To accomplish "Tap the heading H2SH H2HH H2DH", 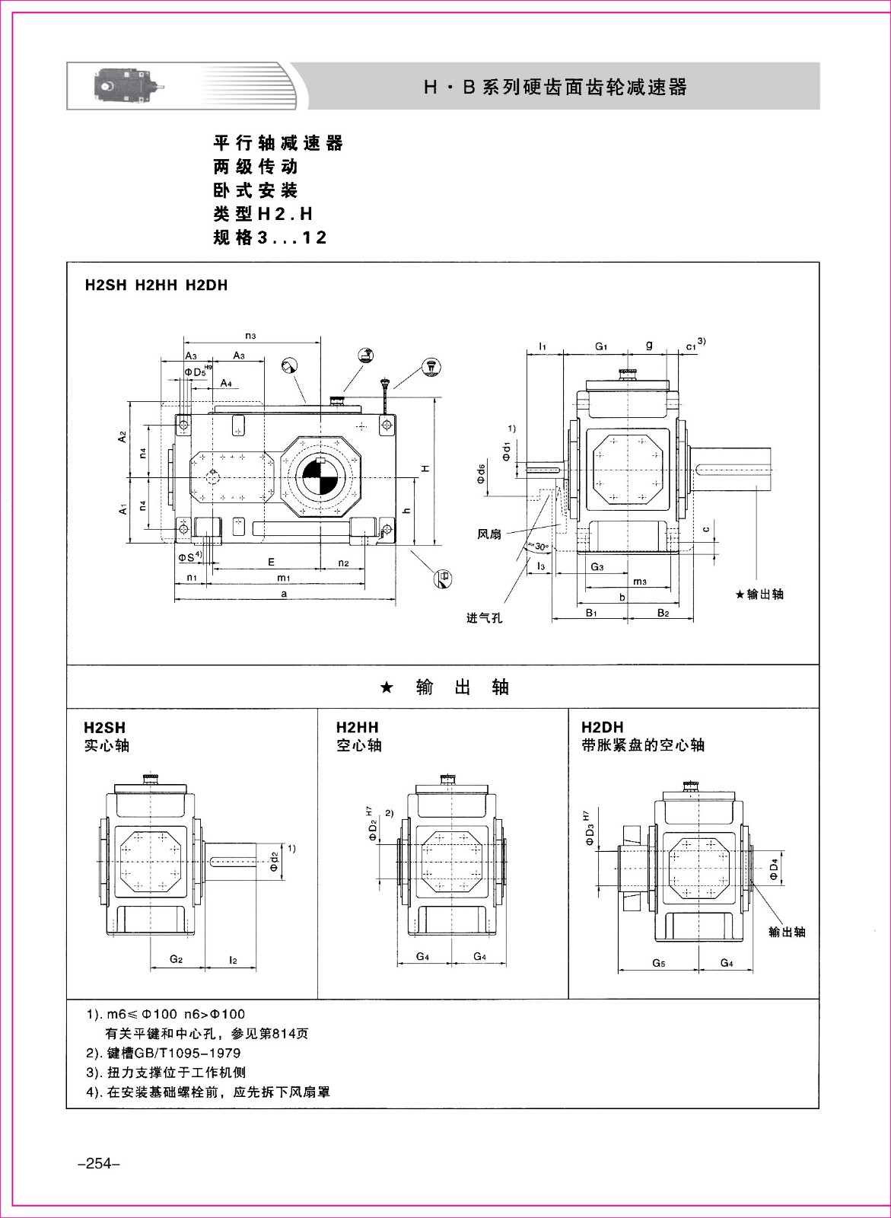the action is click(x=157, y=285).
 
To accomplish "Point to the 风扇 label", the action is click(x=489, y=534).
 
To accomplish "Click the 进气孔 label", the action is click(x=484, y=617).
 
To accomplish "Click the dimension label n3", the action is click(x=250, y=336).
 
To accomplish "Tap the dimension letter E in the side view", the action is click(x=271, y=562).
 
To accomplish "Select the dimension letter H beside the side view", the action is click(x=427, y=467).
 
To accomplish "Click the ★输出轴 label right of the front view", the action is click(x=759, y=595).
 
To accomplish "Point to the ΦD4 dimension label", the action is click(x=775, y=869).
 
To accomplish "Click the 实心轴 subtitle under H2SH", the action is click(x=107, y=745).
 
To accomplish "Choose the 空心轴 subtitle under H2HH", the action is click(x=359, y=745).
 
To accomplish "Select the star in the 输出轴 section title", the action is click(x=386, y=687).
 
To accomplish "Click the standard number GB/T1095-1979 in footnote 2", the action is click(x=186, y=1053).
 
